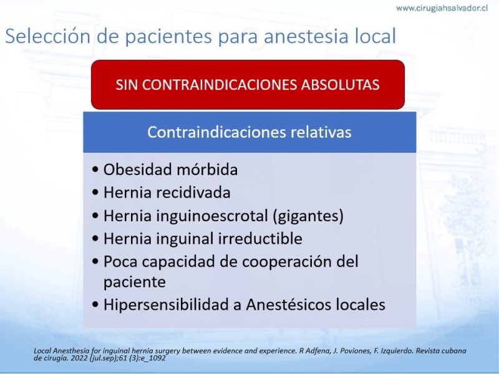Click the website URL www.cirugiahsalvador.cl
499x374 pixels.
(x=442, y=8)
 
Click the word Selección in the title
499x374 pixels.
(x=49, y=36)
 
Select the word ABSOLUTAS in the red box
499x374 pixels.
(x=340, y=85)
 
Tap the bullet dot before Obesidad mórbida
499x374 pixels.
(x=95, y=170)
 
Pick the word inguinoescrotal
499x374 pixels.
(x=211, y=216)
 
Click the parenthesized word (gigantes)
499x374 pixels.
(x=308, y=216)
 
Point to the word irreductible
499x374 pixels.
(x=260, y=239)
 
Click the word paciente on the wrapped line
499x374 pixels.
(x=135, y=282)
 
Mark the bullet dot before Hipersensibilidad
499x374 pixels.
(x=95, y=305)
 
